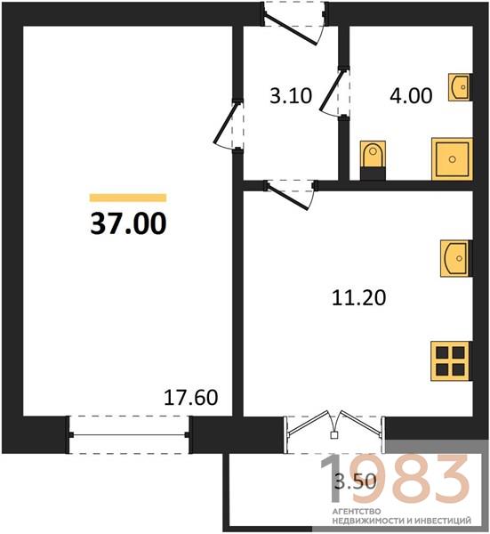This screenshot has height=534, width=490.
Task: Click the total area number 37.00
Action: (128, 223)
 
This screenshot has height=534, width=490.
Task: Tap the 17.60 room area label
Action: (190, 398)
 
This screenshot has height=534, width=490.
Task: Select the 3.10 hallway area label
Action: (291, 96)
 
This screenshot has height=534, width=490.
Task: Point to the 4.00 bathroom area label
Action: (411, 96)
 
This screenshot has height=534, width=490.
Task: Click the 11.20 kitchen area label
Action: (358, 297)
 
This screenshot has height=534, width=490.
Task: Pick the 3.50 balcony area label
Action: (356, 481)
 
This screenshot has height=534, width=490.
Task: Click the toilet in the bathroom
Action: (373, 160)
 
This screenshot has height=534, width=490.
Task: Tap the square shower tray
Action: (453, 159)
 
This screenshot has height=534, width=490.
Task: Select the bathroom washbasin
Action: (459, 87)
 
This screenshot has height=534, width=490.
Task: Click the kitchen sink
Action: (454, 258)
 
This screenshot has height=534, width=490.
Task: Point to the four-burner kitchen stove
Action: (450, 361)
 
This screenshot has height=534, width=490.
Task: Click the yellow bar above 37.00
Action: (128, 198)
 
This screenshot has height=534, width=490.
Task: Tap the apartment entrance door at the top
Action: (294, 24)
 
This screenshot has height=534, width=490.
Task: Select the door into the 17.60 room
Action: (229, 125)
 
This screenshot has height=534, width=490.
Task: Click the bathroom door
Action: (335, 93)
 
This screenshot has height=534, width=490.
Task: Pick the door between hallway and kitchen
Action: (291, 195)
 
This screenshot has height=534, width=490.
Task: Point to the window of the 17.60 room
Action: (129, 435)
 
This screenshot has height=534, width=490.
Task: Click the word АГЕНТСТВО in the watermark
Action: (357, 512)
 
